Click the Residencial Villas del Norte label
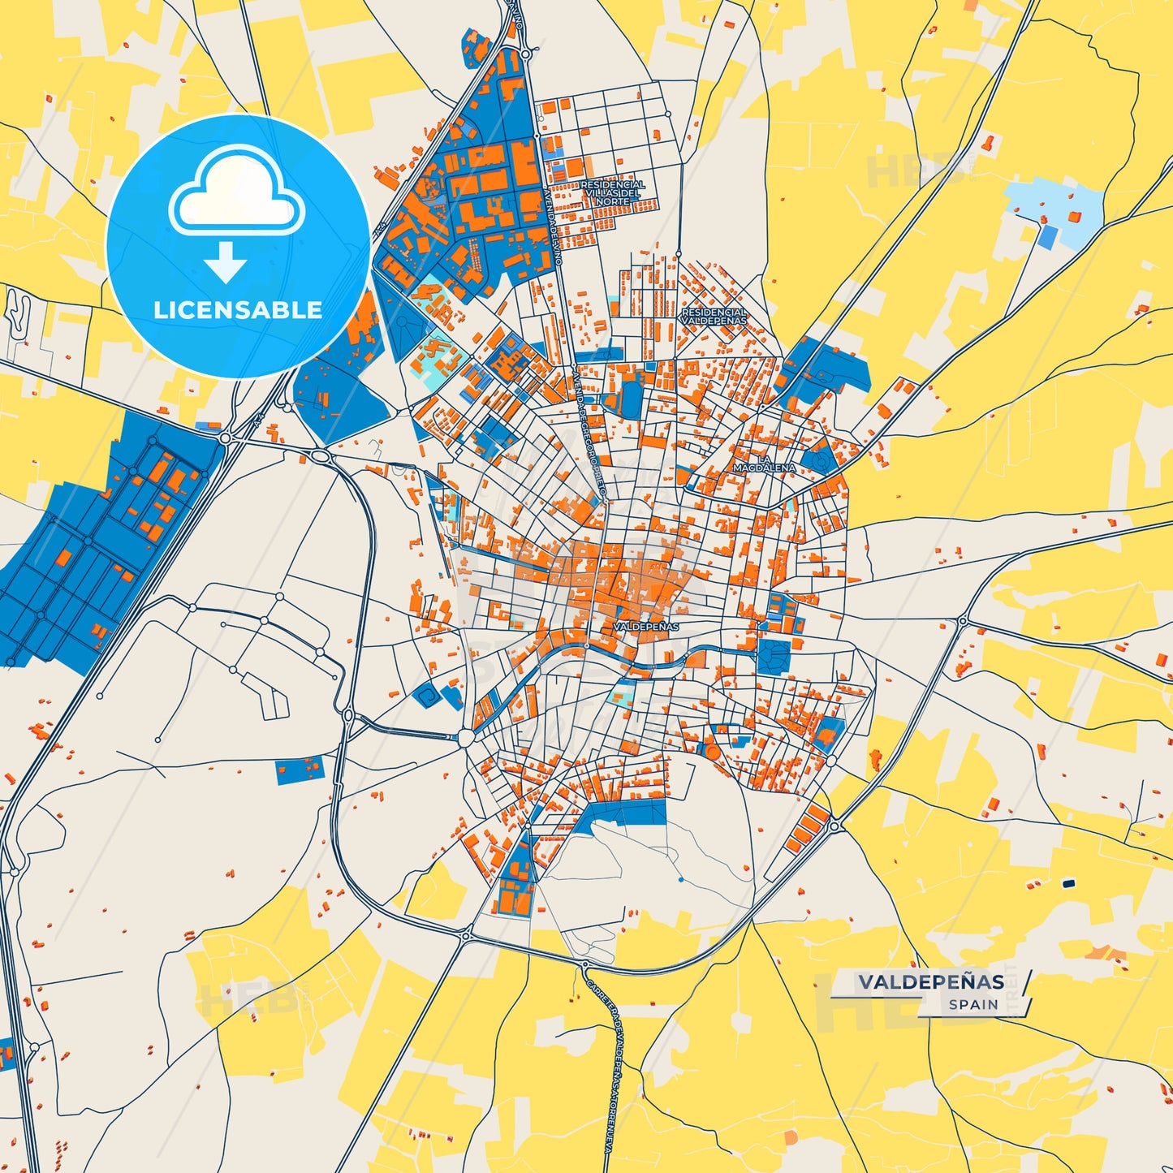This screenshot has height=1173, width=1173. pyautogui.click(x=613, y=192)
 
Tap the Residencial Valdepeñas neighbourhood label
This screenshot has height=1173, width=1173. pyautogui.click(x=714, y=316)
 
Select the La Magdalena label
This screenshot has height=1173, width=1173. pyautogui.click(x=764, y=464)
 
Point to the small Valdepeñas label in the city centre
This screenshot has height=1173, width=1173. pyautogui.click(x=646, y=627)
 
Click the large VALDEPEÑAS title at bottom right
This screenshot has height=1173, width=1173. pyautogui.click(x=931, y=981)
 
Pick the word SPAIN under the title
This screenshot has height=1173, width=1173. pyautogui.click(x=973, y=1005)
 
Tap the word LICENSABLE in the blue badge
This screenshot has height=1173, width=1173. pyautogui.click(x=238, y=309)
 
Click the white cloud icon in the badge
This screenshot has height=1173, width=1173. pyautogui.click(x=236, y=191)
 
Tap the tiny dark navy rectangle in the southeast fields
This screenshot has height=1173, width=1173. pyautogui.click(x=1068, y=883)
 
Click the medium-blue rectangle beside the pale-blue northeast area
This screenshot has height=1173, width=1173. pyautogui.click(x=1049, y=237)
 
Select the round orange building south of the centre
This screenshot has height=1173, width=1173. pyautogui.click(x=713, y=752)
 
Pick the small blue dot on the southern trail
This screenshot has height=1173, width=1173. pyautogui.click(x=680, y=879)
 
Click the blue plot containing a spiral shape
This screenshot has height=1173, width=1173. pyautogui.click(x=427, y=695)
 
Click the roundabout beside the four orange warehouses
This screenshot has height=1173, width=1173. pyautogui.click(x=834, y=826)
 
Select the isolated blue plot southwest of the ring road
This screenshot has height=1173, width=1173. pyautogui.click(x=300, y=770)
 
